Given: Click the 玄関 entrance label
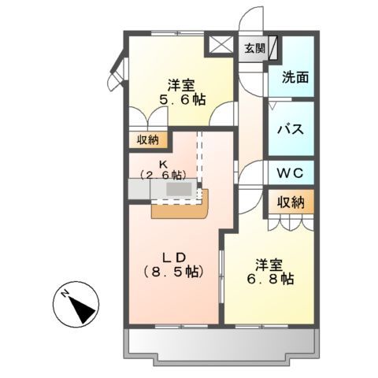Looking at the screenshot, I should coord(254,48).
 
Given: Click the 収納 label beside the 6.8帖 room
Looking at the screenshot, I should coord(289,202).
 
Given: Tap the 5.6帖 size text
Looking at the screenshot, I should coord(181,100).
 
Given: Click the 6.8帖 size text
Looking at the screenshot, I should coord(273,279).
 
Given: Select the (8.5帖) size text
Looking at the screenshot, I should coord(174,272).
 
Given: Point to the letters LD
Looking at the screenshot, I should coord(174,257).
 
